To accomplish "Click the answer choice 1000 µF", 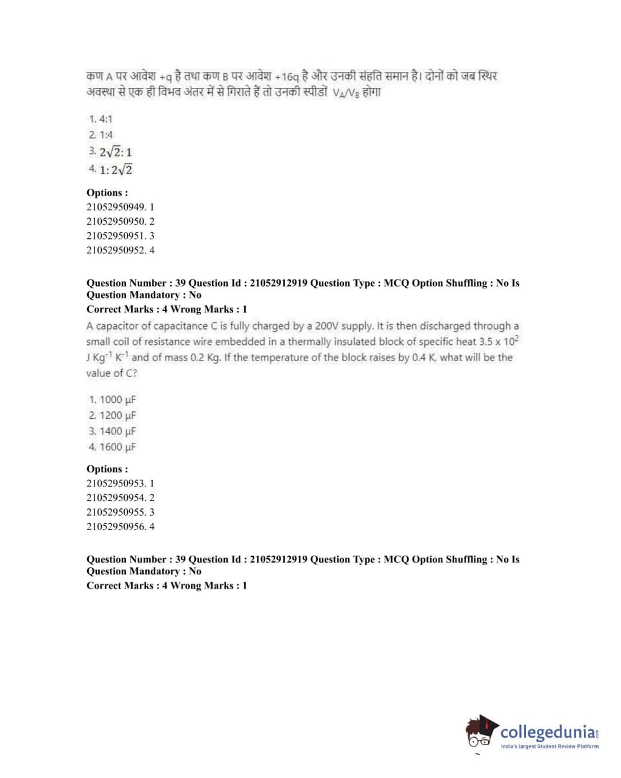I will [x=112, y=399].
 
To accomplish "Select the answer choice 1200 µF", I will [x=112, y=415].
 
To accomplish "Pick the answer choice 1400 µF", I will [x=112, y=431].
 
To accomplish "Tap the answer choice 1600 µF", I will [x=112, y=447].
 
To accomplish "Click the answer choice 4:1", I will [x=101, y=119].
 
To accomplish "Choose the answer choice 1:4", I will [x=101, y=135].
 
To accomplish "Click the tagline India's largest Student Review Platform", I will [x=550, y=746].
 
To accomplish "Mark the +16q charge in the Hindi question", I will [x=287, y=77].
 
